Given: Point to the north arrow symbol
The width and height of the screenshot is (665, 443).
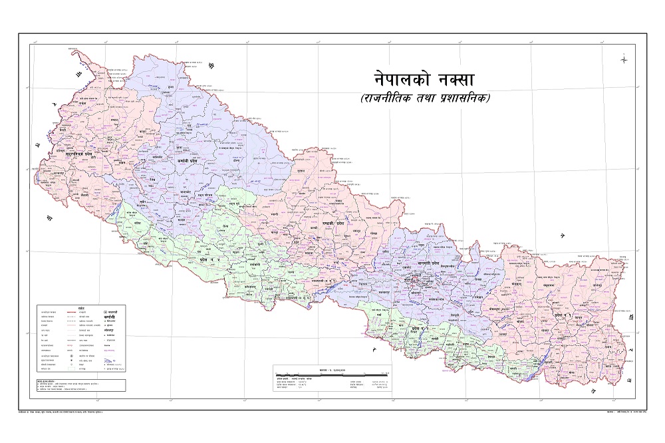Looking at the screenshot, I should pos(624,59).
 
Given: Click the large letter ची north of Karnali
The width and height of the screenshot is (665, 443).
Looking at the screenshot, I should pos(213,66).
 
